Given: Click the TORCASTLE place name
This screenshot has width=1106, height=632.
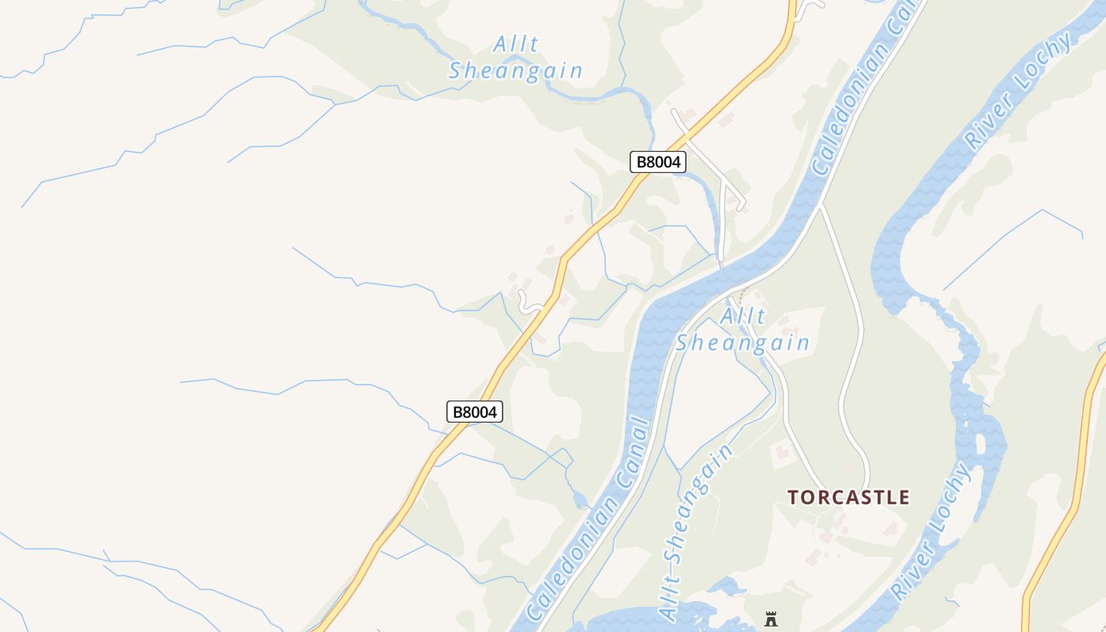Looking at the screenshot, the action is click(x=848, y=497).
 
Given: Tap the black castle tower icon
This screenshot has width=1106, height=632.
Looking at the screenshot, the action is click(x=771, y=619).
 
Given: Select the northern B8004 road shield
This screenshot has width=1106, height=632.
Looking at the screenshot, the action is click(x=657, y=162).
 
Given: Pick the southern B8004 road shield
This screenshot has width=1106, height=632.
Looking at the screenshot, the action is click(x=475, y=412).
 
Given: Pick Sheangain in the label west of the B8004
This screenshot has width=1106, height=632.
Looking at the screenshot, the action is click(x=516, y=71).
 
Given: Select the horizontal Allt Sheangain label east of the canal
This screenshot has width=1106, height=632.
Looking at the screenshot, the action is click(x=743, y=330).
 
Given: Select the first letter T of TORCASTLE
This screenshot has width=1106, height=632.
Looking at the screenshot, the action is click(x=794, y=497).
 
